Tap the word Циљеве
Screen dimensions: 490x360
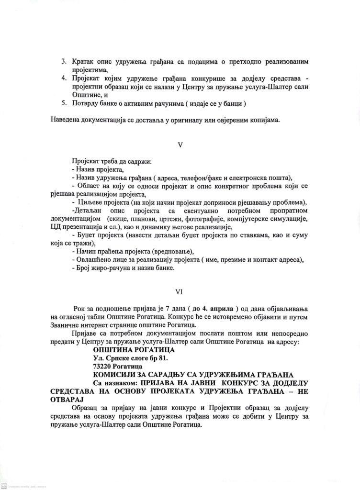point(90,202)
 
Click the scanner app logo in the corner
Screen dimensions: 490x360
point(3,486)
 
